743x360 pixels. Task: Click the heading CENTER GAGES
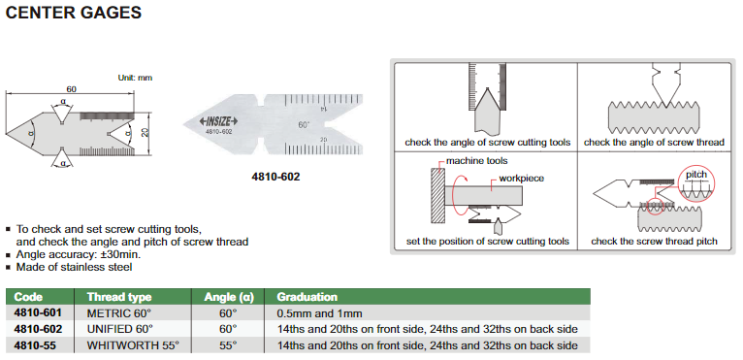click(x=74, y=13)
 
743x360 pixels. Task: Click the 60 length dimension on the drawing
click(x=71, y=89)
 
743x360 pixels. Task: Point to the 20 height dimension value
click(x=145, y=134)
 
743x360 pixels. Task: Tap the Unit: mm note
click(x=135, y=78)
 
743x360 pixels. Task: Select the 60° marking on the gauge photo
click(x=304, y=125)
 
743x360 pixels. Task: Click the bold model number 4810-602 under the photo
click(x=275, y=177)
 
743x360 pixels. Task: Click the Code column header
click(x=28, y=297)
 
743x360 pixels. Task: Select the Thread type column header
click(x=119, y=297)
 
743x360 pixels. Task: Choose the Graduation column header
click(x=307, y=297)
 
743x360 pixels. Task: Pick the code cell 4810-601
click(x=38, y=313)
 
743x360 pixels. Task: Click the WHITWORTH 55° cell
click(x=133, y=345)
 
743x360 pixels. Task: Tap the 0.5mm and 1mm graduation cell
click(x=319, y=313)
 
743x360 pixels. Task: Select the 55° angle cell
click(x=227, y=345)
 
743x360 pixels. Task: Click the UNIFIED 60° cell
click(x=120, y=329)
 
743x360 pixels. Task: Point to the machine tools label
click(x=476, y=161)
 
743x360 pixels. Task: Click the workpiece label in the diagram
click(x=521, y=179)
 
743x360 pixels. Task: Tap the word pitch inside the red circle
click(x=696, y=175)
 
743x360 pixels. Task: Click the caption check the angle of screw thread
click(x=654, y=143)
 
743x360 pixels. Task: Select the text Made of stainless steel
click(x=75, y=267)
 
